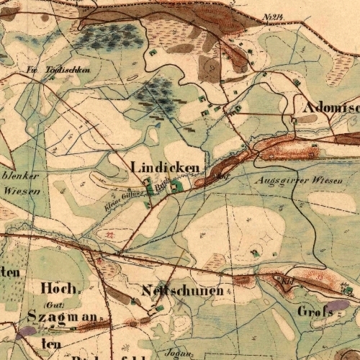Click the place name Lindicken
[165, 166]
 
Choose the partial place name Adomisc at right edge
[332, 106]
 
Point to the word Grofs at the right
[314, 312]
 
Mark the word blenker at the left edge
[21, 176]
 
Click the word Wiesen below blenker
[22, 191]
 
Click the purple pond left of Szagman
[27, 331]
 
